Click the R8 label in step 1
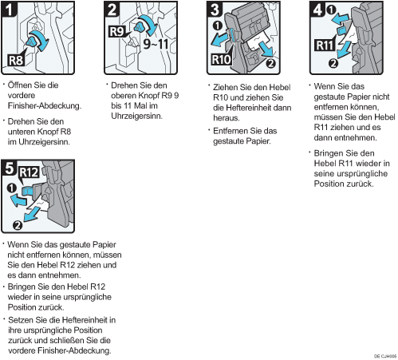tap(16, 60)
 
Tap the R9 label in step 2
tap(117, 32)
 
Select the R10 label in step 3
tap(221, 60)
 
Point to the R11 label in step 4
tap(325, 45)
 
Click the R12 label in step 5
tap(29, 172)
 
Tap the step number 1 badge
tap(9, 10)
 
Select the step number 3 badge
tap(215, 10)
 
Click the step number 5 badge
tap(9, 168)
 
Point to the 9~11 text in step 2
tap(156, 44)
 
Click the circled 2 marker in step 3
tap(270, 64)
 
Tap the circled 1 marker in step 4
tap(331, 10)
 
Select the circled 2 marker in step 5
tap(18, 226)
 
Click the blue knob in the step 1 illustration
tap(32, 42)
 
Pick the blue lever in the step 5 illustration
tap(27, 191)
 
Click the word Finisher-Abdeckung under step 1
tap(44, 106)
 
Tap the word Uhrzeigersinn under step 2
tap(136, 117)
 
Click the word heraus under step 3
tap(227, 118)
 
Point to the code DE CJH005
tap(385, 356)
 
